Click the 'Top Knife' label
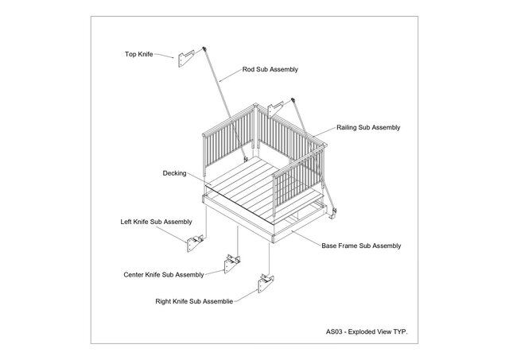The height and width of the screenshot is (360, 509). [138, 55]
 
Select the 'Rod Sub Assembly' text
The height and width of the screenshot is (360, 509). [270, 70]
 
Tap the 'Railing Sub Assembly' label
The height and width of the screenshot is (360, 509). [368, 127]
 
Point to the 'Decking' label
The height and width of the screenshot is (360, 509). [174, 172]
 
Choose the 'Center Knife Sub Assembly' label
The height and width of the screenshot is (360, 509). [163, 274]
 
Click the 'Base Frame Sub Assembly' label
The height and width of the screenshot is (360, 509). [361, 246]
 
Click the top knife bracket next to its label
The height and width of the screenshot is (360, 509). [187, 59]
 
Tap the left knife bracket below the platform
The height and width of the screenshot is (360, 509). [196, 245]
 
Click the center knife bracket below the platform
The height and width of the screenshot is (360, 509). [231, 262]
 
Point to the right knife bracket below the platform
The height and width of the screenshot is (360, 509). [265, 283]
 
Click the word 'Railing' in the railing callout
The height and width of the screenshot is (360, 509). [348, 127]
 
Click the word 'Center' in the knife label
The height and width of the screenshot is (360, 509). [134, 274]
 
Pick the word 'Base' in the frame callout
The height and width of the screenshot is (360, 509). [330, 246]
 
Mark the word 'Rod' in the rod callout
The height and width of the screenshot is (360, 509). [248, 70]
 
